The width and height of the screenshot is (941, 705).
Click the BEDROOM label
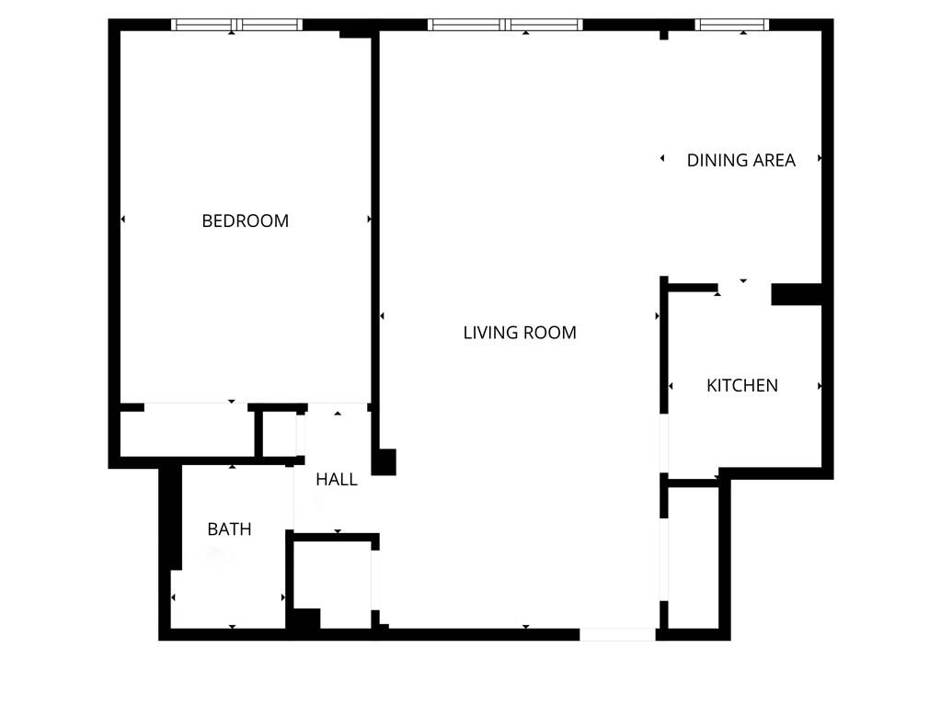coord(245,221)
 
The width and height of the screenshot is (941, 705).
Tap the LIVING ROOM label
coord(520,333)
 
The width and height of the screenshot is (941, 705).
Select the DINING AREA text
coord(740,160)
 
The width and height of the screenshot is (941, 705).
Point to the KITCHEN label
coord(741,385)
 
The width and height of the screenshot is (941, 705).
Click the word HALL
coord(337,479)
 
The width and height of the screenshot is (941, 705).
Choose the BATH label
coord(229,529)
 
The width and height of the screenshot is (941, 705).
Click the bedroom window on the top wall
coord(237,25)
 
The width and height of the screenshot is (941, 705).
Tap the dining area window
coord(731,25)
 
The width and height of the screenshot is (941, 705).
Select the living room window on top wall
coord(505,25)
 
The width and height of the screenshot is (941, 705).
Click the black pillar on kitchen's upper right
coord(796,294)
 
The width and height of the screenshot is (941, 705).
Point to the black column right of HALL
coord(384,461)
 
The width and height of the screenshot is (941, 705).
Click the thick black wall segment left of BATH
coord(170,517)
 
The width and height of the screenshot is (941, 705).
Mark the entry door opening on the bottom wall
coord(617,634)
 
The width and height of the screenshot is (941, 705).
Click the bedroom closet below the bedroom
coord(187,432)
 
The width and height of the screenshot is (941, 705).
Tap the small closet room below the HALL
coord(332,583)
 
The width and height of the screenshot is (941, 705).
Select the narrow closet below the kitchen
coord(693,556)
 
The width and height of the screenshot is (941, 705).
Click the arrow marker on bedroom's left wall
coord(123,219)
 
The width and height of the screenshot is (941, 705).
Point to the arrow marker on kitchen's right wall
coord(819,386)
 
